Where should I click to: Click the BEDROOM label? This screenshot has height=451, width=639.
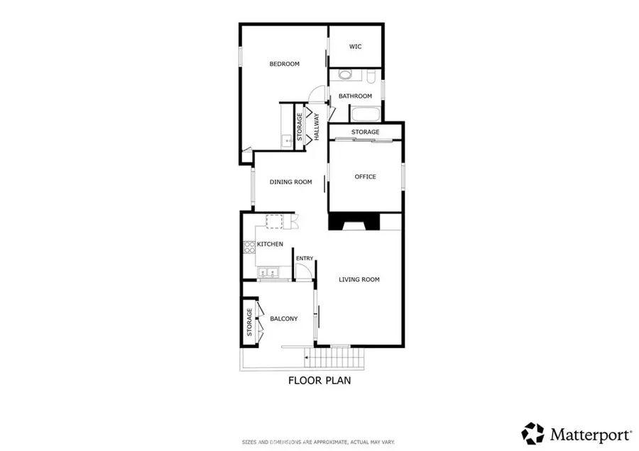284,64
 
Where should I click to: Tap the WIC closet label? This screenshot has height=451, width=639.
355,47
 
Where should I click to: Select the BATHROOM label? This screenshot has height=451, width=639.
355,96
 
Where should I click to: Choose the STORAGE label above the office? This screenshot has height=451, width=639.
365,132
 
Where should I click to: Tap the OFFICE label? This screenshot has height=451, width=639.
365,177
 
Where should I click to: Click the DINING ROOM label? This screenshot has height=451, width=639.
290,182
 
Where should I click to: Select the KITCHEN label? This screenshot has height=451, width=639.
270,244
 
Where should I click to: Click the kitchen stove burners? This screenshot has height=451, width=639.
249,247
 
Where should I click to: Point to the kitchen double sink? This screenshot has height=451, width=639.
268,272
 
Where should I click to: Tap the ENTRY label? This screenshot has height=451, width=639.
305,258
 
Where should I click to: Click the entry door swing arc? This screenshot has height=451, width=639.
302,272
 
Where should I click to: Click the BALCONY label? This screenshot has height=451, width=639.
283,318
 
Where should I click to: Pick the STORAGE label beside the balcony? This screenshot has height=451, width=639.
249,323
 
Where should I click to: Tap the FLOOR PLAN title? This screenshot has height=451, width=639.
319,380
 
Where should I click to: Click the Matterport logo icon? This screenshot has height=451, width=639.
532,433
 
